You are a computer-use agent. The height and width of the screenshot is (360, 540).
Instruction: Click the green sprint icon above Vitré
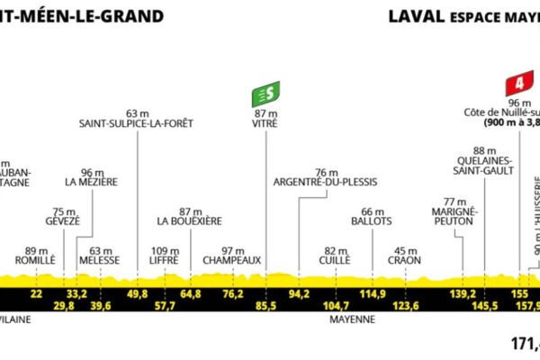[265, 93]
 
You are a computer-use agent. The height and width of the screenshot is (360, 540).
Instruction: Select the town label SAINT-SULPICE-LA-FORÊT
[136, 123]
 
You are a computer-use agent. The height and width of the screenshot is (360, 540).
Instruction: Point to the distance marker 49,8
[138, 293]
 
